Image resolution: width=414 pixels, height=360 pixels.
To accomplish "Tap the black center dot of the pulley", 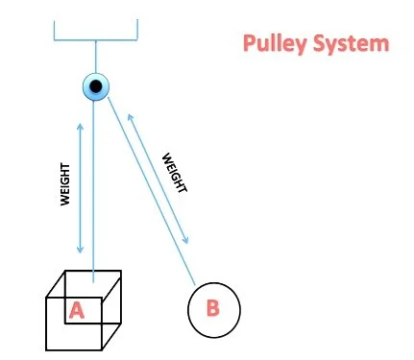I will (96, 87).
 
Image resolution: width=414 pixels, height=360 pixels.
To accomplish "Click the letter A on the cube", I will (76, 309).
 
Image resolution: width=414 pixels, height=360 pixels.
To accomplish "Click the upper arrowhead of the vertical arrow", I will (80, 128).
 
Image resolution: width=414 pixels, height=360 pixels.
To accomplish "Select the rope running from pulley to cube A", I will (94, 192).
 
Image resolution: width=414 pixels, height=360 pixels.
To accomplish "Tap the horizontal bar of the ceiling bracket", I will (96, 40).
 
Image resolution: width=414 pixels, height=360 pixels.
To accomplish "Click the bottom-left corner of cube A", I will (48, 348).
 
